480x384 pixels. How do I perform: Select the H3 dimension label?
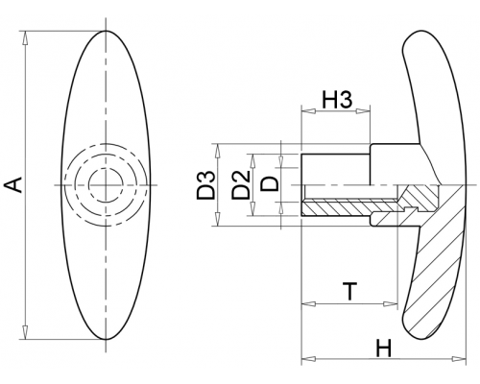[x=337, y=99]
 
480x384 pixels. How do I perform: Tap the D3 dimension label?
[x=205, y=185]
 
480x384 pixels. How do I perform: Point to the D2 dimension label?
[x=241, y=185]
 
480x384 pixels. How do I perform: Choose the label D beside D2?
[x=270, y=184]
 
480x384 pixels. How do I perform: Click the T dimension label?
[x=350, y=291]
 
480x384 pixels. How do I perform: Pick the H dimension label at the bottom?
[x=383, y=348]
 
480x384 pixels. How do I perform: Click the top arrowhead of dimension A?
[x=25, y=38]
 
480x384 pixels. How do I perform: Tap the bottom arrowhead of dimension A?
[x=25, y=332]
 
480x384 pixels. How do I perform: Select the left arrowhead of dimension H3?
[x=308, y=111]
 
